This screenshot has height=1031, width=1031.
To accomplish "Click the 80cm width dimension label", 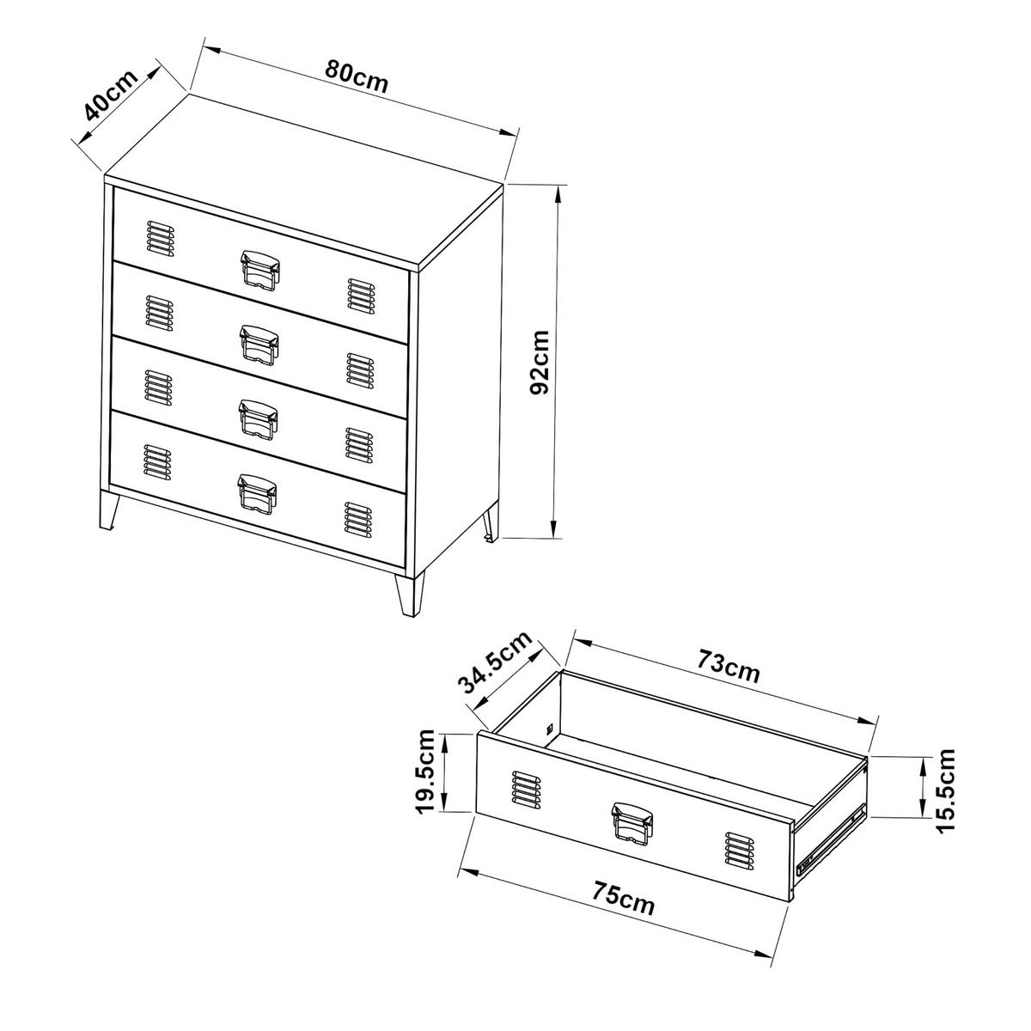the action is (x=357, y=76).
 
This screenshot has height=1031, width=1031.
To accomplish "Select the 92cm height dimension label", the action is (x=539, y=363).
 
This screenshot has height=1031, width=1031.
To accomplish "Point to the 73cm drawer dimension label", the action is (x=728, y=667).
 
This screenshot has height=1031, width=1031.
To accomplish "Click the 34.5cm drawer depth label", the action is (x=496, y=662).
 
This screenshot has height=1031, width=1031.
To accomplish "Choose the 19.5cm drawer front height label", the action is (x=426, y=772).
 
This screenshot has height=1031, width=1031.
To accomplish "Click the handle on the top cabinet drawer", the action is (x=259, y=270).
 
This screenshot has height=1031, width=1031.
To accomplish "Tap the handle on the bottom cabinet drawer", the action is (x=258, y=493).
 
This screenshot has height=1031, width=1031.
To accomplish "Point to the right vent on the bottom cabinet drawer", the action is (x=358, y=518).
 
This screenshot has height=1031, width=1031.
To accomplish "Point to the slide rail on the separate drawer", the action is (x=829, y=846).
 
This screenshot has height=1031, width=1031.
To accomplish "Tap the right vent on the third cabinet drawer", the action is (x=360, y=444).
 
